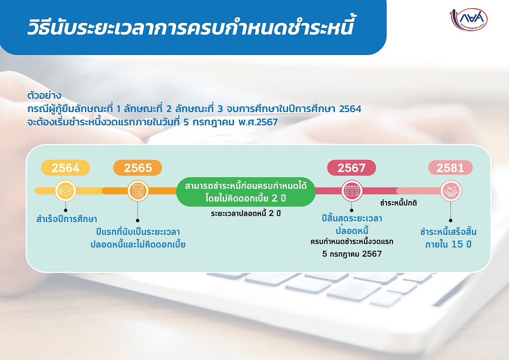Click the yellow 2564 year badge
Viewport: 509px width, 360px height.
point(66,168)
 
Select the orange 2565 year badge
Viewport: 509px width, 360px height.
point(137,168)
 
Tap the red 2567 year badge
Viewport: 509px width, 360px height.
point(352,168)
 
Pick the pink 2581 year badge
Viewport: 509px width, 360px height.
point(450,168)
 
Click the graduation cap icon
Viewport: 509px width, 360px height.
point(66,191)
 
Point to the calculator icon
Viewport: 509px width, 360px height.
point(138,191)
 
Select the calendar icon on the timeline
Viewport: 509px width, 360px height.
point(352,191)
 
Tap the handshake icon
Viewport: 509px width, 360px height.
point(451,191)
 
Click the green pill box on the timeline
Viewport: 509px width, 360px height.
point(246,192)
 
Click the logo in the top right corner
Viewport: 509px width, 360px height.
point(468,19)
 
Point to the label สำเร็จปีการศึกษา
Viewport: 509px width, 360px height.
point(67,219)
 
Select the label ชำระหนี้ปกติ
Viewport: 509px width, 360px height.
point(399,203)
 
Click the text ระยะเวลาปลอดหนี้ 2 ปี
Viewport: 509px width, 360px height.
point(246,213)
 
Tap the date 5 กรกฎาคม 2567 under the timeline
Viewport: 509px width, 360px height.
point(352,254)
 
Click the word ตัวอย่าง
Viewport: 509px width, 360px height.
point(44,96)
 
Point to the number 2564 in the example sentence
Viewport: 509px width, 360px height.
point(350,109)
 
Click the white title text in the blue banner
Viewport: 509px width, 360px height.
point(190,27)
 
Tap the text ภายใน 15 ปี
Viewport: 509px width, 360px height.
point(448,244)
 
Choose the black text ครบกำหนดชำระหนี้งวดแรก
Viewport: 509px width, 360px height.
point(352,242)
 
